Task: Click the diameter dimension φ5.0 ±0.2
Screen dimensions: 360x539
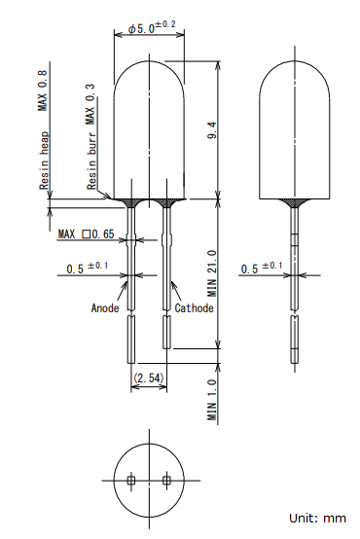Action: coord(152,27)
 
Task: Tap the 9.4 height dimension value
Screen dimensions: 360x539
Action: coord(212,130)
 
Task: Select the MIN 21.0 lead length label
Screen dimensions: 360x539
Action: coord(212,273)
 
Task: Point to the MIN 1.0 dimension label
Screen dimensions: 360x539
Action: coord(212,400)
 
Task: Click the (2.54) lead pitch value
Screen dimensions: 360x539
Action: coord(149,378)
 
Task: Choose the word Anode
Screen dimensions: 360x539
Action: coord(105,308)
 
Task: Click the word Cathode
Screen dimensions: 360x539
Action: coord(194,308)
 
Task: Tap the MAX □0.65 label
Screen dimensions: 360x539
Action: coord(86,234)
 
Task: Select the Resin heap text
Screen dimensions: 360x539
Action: coord(44,161)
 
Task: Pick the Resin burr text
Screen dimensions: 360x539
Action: coord(91,161)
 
